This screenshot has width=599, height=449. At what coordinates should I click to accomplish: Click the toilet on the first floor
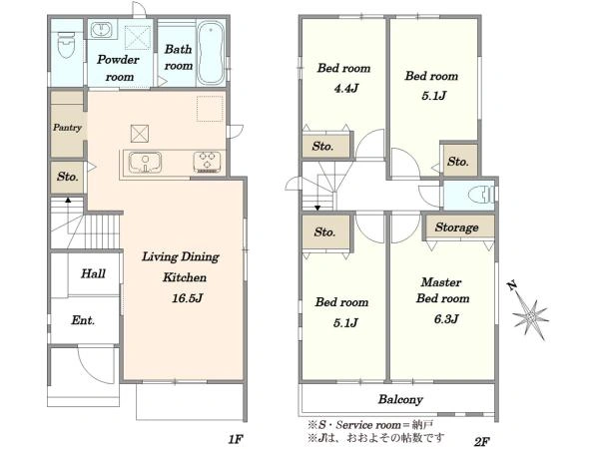coord(66,44)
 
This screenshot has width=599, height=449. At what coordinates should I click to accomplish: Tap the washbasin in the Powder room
coord(101,30)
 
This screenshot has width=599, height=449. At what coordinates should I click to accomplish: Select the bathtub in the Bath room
coord(211,53)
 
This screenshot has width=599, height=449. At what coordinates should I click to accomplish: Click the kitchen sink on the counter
coord(145,163)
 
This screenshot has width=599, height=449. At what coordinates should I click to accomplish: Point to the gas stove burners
coord(207,162)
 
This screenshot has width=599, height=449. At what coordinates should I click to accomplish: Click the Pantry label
coord(67,128)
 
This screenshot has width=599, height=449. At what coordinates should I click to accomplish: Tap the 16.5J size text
coord(187,297)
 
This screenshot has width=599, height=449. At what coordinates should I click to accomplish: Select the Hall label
coord(93,273)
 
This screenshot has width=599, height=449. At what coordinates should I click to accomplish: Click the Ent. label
coord(83,320)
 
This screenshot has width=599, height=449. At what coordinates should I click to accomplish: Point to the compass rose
coord(531,316)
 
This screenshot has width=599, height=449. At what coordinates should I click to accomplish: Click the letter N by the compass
coord(512,285)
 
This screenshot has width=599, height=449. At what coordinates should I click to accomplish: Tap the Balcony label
coord(400,399)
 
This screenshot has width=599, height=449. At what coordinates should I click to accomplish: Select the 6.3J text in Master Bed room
coord(446,319)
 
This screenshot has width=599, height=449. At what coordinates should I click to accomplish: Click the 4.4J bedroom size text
coord(346,89)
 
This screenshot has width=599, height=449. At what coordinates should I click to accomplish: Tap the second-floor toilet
coord(480,195)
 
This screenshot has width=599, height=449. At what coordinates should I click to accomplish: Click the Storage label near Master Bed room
coord(456,227)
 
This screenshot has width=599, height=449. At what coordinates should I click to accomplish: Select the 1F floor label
coord(236,439)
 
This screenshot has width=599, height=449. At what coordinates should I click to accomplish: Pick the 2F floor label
coord(482,442)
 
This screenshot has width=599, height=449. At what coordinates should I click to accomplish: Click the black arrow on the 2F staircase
coord(317,209)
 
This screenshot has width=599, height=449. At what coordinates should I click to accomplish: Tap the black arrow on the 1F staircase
coord(68,200)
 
